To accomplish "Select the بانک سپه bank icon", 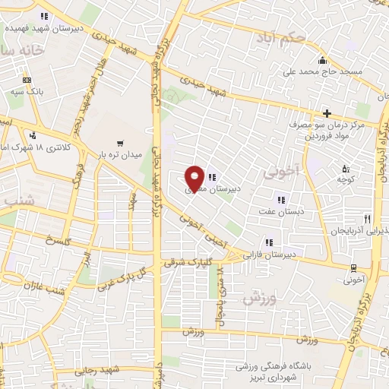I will [27, 80].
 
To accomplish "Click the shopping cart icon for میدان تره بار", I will [119, 142].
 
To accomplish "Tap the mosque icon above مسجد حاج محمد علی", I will [323, 61].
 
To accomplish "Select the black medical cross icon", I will [327, 113].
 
